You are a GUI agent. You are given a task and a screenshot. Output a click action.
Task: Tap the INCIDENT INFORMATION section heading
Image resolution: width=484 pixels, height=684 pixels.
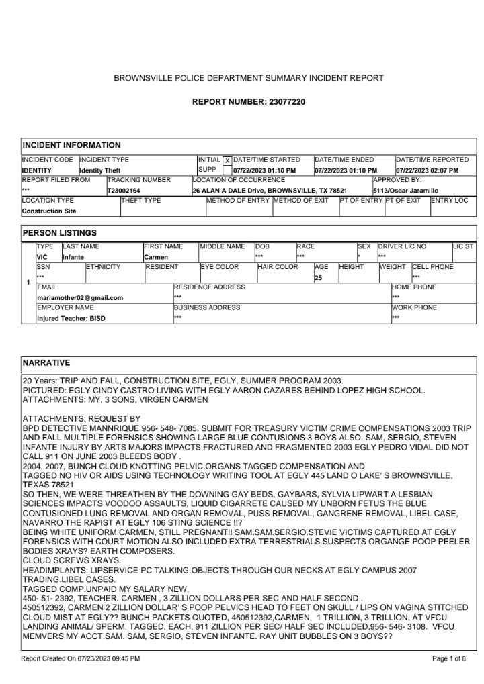[71, 145]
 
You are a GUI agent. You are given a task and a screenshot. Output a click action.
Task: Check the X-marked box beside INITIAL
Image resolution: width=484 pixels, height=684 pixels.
[227, 161]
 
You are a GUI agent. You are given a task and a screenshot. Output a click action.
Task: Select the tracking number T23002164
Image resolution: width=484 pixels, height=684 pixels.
[124, 191]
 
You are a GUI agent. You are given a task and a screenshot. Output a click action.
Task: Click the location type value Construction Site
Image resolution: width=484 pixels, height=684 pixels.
[49, 211]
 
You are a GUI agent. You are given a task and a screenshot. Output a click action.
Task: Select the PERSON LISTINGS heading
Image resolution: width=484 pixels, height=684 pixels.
[60, 233]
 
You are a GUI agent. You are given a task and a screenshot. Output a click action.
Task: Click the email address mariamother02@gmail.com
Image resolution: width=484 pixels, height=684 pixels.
[80, 297]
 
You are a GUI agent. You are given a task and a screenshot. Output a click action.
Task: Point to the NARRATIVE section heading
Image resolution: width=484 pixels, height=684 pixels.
[46, 363]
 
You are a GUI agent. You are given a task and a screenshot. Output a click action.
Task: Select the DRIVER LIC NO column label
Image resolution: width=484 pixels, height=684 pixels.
[402, 246]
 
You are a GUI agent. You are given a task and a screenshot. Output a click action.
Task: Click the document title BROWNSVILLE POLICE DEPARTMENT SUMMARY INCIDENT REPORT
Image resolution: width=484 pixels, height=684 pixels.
[249, 78]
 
